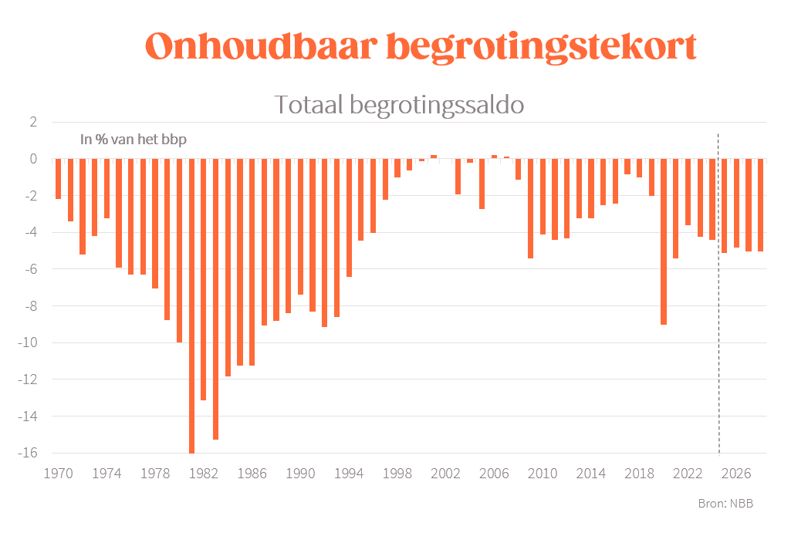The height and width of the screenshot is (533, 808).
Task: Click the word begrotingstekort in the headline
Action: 540,48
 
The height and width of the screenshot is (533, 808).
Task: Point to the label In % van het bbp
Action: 134,140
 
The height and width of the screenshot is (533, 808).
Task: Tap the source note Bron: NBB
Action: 725,504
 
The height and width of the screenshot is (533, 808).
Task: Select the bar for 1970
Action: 58,178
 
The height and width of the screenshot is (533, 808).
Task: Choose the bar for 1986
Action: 252,261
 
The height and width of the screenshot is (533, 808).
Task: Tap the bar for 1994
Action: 349,217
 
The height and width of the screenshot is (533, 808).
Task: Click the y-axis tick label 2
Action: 32,122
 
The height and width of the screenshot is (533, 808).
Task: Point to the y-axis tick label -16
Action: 27,453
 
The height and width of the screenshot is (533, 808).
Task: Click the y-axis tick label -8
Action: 30,306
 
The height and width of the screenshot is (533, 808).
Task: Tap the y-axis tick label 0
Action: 32,159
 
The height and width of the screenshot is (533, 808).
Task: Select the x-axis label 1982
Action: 203,473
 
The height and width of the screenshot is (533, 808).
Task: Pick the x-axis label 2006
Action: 494,473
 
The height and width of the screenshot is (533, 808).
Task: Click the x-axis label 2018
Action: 640,473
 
